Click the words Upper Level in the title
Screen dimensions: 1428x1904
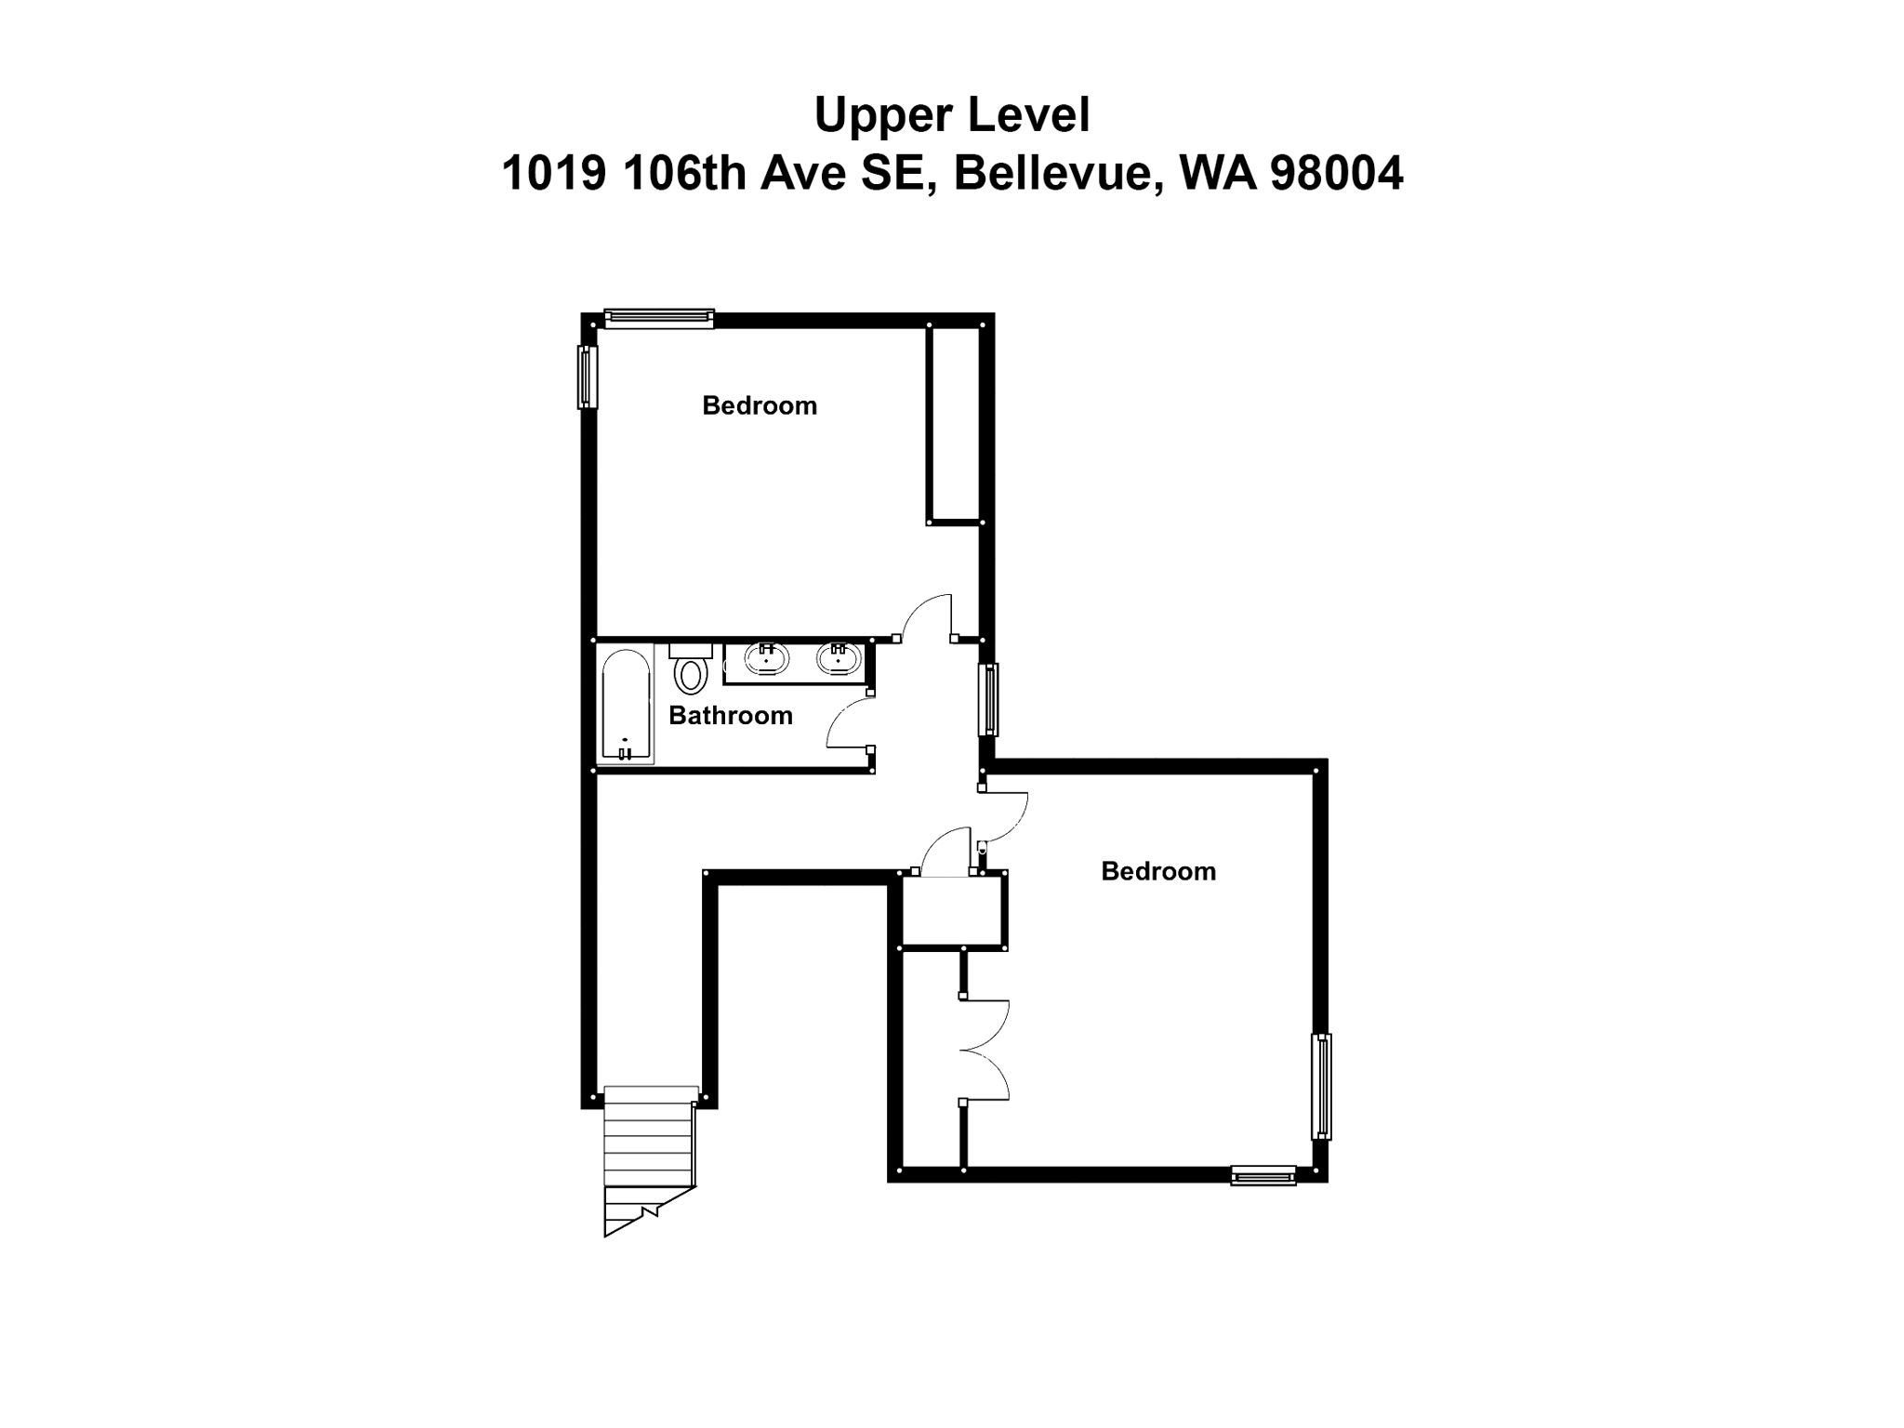(x=951, y=115)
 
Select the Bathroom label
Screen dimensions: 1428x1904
(x=730, y=715)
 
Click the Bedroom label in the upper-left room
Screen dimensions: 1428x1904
(x=759, y=405)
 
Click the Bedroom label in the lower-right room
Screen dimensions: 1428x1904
(x=1157, y=871)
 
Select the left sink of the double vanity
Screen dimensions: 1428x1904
(x=766, y=659)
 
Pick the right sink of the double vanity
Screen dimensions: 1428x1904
(x=839, y=659)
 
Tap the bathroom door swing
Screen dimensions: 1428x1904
(x=848, y=725)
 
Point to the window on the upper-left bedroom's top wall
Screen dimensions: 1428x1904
(x=658, y=318)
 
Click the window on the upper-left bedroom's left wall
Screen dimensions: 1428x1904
(x=586, y=377)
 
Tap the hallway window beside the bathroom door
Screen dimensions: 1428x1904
(x=990, y=699)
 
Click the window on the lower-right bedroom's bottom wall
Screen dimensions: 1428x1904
(x=1263, y=1176)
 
